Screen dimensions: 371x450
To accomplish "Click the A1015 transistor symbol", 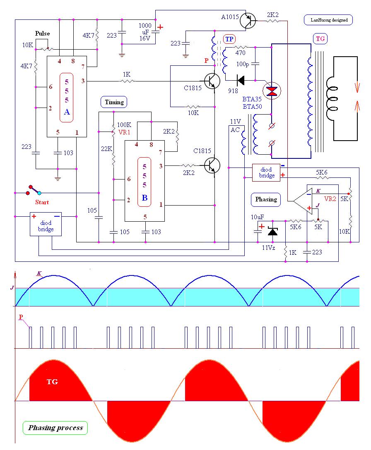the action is (248, 20).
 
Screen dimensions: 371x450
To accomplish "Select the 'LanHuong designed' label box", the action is (328, 20).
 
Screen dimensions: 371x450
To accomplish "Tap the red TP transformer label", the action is (229, 39).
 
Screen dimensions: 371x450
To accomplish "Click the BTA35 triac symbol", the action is (272, 91).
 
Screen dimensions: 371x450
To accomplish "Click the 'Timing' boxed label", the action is (114, 102).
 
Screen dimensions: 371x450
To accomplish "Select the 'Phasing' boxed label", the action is (266, 199).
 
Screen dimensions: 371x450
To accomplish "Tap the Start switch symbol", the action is (34, 190).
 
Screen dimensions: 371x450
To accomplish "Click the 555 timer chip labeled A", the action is (67, 96).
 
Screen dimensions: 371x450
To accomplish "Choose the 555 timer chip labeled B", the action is (145, 181).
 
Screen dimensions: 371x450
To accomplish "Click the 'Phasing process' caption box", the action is (55, 428).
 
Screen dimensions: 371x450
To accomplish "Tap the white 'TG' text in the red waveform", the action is (52, 381).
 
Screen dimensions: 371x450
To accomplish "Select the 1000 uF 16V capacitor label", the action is (145, 31).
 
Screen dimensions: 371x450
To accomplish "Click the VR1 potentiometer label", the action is (124, 132).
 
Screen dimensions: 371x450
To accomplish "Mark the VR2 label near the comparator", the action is (330, 199).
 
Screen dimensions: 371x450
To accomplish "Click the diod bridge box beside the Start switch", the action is (46, 224).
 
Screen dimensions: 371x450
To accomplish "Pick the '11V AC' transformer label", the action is (235, 126).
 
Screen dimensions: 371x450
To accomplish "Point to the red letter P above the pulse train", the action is (21, 317).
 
